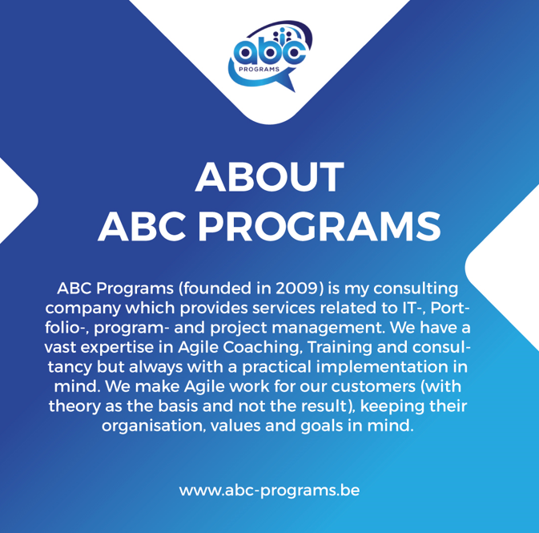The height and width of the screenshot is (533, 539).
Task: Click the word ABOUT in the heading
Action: pos(269,178)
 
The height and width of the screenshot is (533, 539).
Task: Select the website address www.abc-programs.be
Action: pos(269,489)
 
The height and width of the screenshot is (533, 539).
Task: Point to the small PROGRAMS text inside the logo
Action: pos(263,70)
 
